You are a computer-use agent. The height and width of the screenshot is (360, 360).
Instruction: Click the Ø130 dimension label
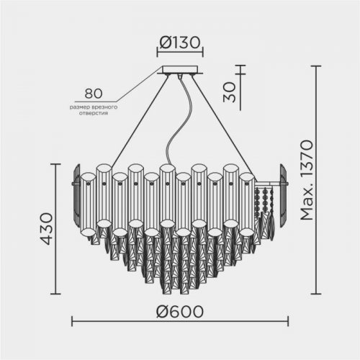180,42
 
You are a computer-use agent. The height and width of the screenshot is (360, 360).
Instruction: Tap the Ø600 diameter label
180,312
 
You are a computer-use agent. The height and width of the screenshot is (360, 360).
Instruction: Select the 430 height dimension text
45,229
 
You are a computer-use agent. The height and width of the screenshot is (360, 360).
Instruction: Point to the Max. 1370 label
307,180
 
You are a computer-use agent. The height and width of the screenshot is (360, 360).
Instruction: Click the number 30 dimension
230,92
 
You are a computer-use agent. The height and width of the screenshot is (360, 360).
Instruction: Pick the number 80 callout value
94,94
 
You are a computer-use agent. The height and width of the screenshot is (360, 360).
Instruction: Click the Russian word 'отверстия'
94,113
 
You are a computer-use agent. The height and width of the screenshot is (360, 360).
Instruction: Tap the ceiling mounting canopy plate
180,70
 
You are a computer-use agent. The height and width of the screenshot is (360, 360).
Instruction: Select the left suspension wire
140,121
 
